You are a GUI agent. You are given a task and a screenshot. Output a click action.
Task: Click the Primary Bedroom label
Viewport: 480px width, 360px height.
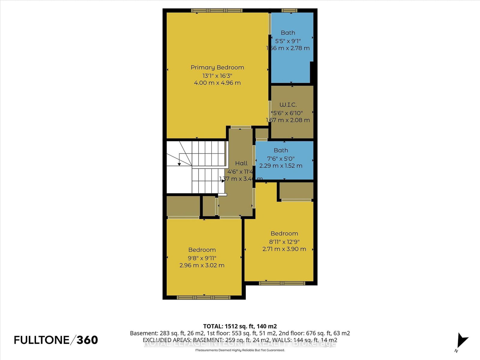(x=217, y=67)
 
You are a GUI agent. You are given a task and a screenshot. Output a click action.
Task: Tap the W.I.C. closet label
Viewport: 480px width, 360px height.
(x=288, y=105)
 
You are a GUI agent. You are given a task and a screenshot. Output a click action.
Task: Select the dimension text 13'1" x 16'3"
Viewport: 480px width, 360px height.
(x=217, y=75)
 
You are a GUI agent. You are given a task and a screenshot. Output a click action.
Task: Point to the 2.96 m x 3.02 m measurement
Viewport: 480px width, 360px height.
(x=202, y=265)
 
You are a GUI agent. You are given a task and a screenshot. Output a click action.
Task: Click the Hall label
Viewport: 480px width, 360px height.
(x=241, y=163)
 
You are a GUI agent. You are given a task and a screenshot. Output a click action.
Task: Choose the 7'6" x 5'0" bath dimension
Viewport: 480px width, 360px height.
(x=281, y=158)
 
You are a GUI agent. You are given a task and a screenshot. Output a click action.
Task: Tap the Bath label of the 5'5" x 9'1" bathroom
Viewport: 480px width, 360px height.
(x=288, y=33)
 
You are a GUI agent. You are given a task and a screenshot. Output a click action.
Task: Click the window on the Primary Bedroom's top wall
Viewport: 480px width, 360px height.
(x=217, y=10)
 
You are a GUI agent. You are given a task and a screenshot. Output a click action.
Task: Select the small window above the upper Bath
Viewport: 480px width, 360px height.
(x=289, y=10)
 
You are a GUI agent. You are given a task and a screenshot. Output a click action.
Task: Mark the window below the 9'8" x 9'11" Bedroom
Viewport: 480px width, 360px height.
(x=203, y=298)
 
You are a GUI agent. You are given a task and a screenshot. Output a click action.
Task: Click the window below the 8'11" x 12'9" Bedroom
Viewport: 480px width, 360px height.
(x=282, y=283)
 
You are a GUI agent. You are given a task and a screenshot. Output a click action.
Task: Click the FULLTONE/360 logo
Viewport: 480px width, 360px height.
(x=56, y=340)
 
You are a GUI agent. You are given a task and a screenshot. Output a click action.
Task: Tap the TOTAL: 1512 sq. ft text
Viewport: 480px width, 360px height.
(x=240, y=326)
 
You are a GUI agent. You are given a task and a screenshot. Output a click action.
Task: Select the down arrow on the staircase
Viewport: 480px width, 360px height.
(x=179, y=164)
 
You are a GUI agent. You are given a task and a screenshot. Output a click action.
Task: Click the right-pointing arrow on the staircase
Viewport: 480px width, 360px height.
(x=223, y=181)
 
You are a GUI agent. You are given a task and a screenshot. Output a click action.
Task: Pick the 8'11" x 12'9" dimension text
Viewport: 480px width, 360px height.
(x=284, y=241)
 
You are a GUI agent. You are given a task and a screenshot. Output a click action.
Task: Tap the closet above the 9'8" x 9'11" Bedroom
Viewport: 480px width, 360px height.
(x=183, y=206)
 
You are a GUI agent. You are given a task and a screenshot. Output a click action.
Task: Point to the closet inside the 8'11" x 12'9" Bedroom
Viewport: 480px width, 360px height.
(x=296, y=190)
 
